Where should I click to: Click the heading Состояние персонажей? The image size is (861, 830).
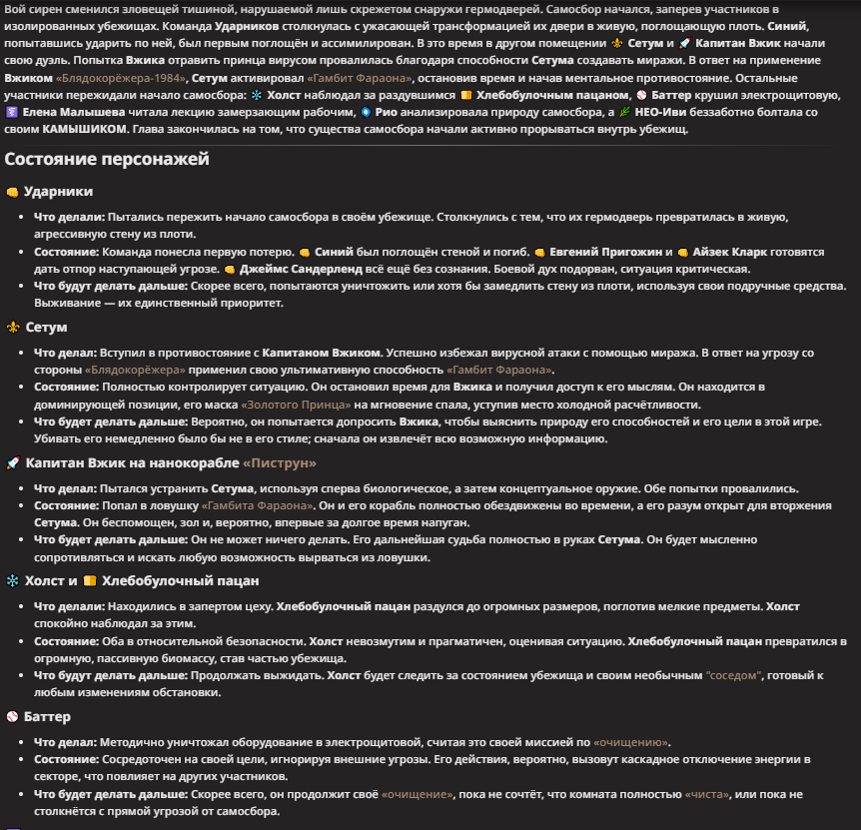(x=106, y=159)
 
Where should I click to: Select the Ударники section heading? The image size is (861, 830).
(x=58, y=191)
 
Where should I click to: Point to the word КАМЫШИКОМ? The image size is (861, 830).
(x=85, y=129)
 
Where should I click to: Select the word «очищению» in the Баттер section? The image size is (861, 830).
(x=631, y=742)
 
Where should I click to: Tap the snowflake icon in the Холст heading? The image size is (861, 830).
(x=12, y=581)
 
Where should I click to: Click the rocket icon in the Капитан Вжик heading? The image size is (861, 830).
(x=12, y=462)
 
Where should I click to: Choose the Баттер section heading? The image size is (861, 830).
(x=46, y=716)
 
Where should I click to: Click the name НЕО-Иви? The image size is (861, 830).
(x=667, y=112)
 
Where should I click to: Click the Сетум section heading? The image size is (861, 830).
(x=46, y=327)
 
